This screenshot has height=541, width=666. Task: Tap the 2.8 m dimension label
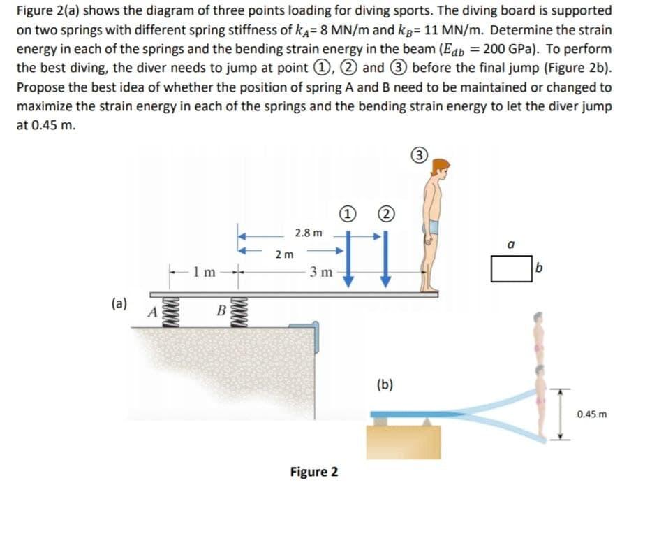(x=309, y=232)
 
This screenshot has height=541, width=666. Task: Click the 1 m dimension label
(x=202, y=270)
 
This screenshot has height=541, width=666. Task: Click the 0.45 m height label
(x=593, y=414)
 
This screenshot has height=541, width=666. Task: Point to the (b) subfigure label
(x=385, y=384)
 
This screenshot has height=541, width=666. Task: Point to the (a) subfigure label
(x=120, y=303)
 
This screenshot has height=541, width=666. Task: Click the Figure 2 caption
(x=314, y=472)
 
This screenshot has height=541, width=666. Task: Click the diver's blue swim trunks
(x=434, y=226)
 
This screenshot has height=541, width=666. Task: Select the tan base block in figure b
(x=404, y=441)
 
